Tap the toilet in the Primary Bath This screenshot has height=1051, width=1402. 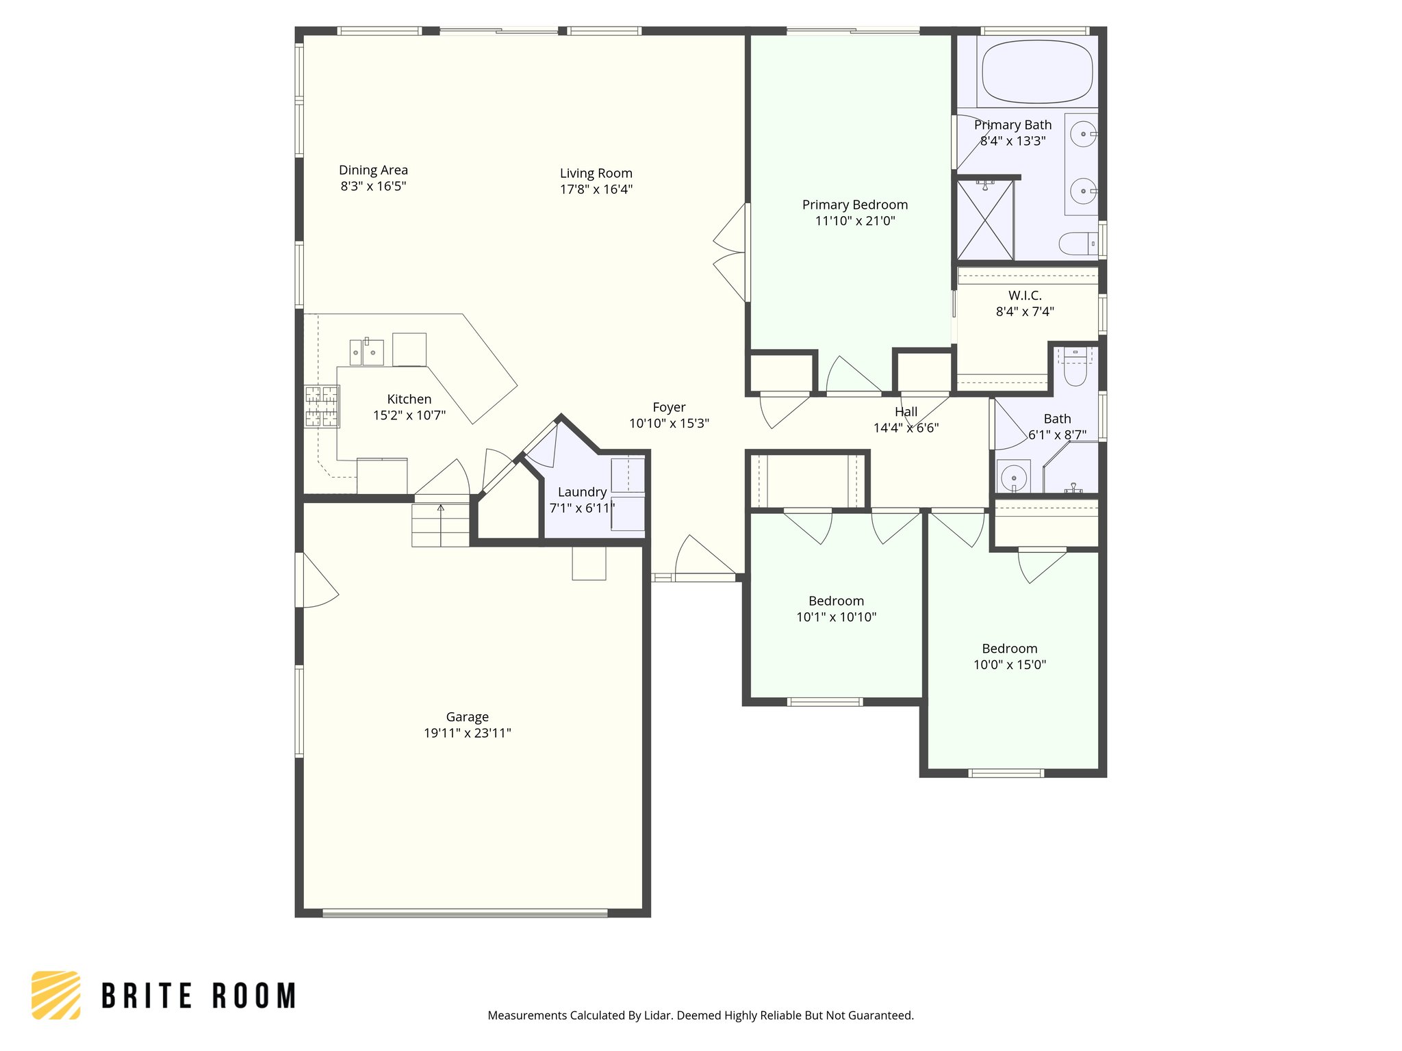point(1078,243)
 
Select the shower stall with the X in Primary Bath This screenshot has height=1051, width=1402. point(984,220)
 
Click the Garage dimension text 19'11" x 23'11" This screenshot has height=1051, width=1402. point(467,733)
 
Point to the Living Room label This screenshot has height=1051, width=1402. point(596,173)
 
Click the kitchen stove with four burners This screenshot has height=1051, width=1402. point(321,406)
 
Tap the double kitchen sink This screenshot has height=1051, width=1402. point(366,352)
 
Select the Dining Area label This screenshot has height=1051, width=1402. point(373,170)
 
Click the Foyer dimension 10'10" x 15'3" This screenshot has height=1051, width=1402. point(669,423)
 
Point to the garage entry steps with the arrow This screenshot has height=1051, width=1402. point(440,524)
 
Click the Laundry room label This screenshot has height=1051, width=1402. point(582,492)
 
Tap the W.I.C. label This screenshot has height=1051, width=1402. point(1025,296)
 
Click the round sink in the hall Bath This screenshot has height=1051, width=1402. point(1012,476)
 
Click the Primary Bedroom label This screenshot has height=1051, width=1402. point(854,205)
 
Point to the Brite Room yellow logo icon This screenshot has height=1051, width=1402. point(56,995)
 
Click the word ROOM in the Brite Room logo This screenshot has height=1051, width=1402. point(254,996)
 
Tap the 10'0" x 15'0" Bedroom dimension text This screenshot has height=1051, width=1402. point(1010,664)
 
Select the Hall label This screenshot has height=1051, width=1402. point(906,411)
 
